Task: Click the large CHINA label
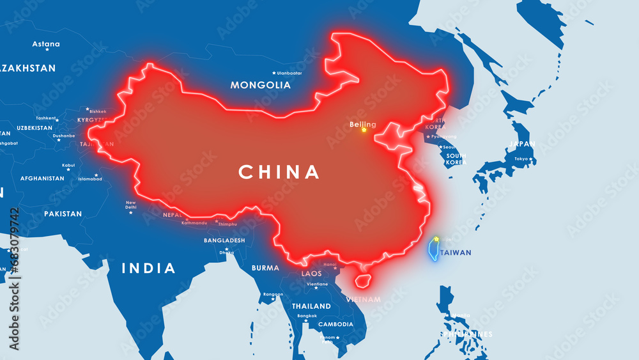pyautogui.click(x=279, y=172)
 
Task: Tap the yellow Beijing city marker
pyautogui.click(x=364, y=130)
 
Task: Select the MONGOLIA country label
pyautogui.click(x=261, y=85)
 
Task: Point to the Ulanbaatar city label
pyautogui.click(x=289, y=73)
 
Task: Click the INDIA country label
pyautogui.click(x=149, y=269)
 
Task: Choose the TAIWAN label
pyautogui.click(x=456, y=253)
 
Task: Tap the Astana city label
pyautogui.click(x=47, y=44)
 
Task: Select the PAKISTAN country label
pyautogui.click(x=63, y=214)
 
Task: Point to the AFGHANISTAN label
pyautogui.click(x=42, y=178)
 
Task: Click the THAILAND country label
pyautogui.click(x=311, y=306)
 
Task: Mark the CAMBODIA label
pyautogui.click(x=335, y=324)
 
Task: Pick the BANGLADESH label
pyautogui.click(x=224, y=240)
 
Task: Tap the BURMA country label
pyautogui.click(x=265, y=268)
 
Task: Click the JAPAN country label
pyautogui.click(x=522, y=144)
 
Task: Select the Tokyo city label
pyautogui.click(x=522, y=159)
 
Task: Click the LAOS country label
pyautogui.click(x=312, y=274)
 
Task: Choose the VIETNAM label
pyautogui.click(x=364, y=299)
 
